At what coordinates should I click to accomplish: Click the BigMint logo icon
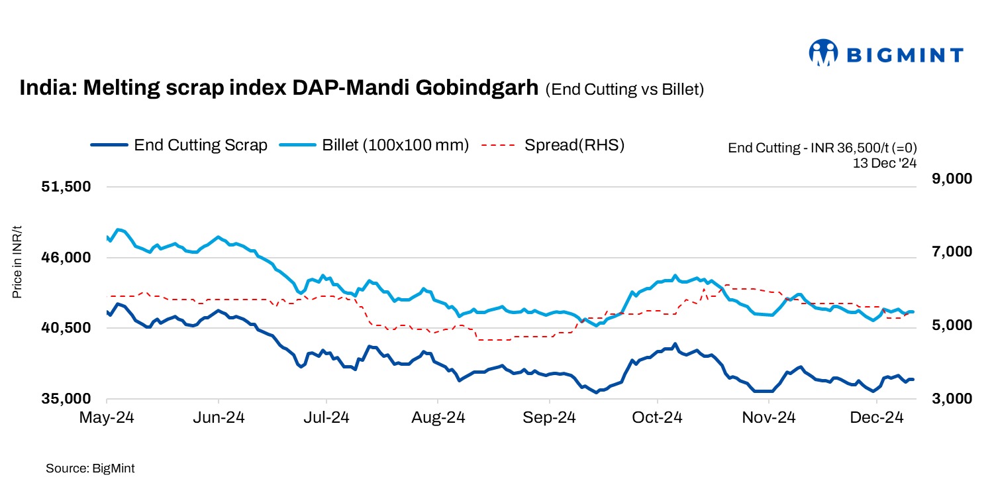pos(824,54)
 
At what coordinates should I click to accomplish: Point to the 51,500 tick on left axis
pos(66,187)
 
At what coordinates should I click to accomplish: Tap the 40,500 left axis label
pos(66,328)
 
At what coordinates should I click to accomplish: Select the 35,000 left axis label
pos(66,399)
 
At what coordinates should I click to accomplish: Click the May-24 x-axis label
pos(106,418)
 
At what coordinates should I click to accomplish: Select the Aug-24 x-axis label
pos(438,418)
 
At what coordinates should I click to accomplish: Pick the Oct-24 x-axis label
pos(657,418)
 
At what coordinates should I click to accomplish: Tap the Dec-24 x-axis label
pos(877,418)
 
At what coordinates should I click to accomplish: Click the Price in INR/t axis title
pos(18,262)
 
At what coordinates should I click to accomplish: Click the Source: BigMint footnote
pos(90,469)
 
